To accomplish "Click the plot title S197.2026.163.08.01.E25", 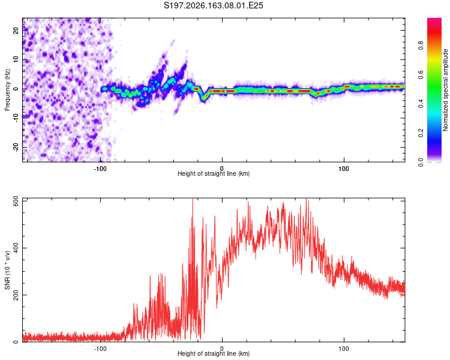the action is click(x=213, y=5).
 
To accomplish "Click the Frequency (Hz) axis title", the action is click(x=7, y=90).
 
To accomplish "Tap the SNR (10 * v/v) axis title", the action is click(x=7, y=270).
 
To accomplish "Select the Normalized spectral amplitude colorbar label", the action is click(x=445, y=90).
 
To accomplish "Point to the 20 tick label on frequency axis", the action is click(x=16, y=31).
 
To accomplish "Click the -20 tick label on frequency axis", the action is click(x=16, y=148).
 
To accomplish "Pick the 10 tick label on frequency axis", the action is click(x=16, y=60).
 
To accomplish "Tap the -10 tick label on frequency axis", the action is click(x=16, y=118).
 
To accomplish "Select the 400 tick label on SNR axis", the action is click(x=16, y=248).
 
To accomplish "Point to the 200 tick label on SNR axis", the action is click(x=16, y=295).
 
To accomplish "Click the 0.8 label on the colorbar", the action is click(x=421, y=46).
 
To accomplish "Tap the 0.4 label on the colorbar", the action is click(x=421, y=104).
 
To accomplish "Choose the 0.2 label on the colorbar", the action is click(x=421, y=133).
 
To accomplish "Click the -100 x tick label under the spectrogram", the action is click(x=100, y=169).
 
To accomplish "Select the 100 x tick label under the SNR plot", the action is click(x=344, y=349).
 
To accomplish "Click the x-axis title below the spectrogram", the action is click(x=214, y=173).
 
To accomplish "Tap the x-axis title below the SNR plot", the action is click(x=214, y=353).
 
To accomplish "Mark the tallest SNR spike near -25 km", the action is click(x=193, y=199).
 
